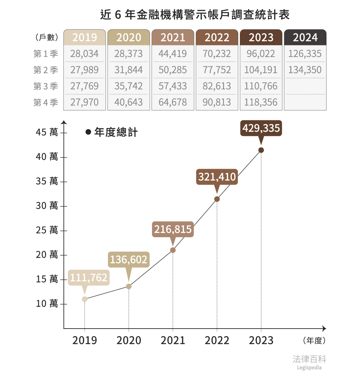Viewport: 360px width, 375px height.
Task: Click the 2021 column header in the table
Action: (173, 37)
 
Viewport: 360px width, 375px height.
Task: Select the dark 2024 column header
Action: (305, 37)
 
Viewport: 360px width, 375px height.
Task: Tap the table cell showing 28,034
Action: (85, 54)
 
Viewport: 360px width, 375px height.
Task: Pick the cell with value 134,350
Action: (305, 70)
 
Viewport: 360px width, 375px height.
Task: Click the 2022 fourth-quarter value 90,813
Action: (217, 102)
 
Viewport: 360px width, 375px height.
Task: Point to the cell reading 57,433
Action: (173, 86)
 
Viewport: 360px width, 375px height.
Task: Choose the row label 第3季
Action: (46, 86)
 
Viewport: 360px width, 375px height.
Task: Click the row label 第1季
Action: (46, 54)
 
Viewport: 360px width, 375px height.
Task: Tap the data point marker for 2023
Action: (261, 150)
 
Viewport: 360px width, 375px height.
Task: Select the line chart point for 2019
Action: (85, 299)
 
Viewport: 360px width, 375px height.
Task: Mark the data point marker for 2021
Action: (173, 250)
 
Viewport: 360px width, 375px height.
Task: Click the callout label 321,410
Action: (217, 177)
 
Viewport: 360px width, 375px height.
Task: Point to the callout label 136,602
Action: (129, 259)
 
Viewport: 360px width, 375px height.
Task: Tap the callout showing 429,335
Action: (261, 128)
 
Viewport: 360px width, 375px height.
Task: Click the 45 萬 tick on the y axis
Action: (47, 132)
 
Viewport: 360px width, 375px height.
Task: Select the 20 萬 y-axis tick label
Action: (47, 255)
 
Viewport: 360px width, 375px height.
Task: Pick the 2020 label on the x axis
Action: (129, 340)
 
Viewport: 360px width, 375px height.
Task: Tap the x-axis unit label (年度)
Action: (314, 340)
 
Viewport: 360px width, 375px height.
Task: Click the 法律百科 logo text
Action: (309, 359)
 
